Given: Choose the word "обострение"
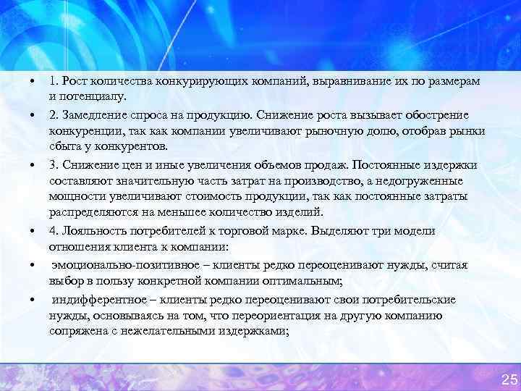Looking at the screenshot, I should coord(436,116).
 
